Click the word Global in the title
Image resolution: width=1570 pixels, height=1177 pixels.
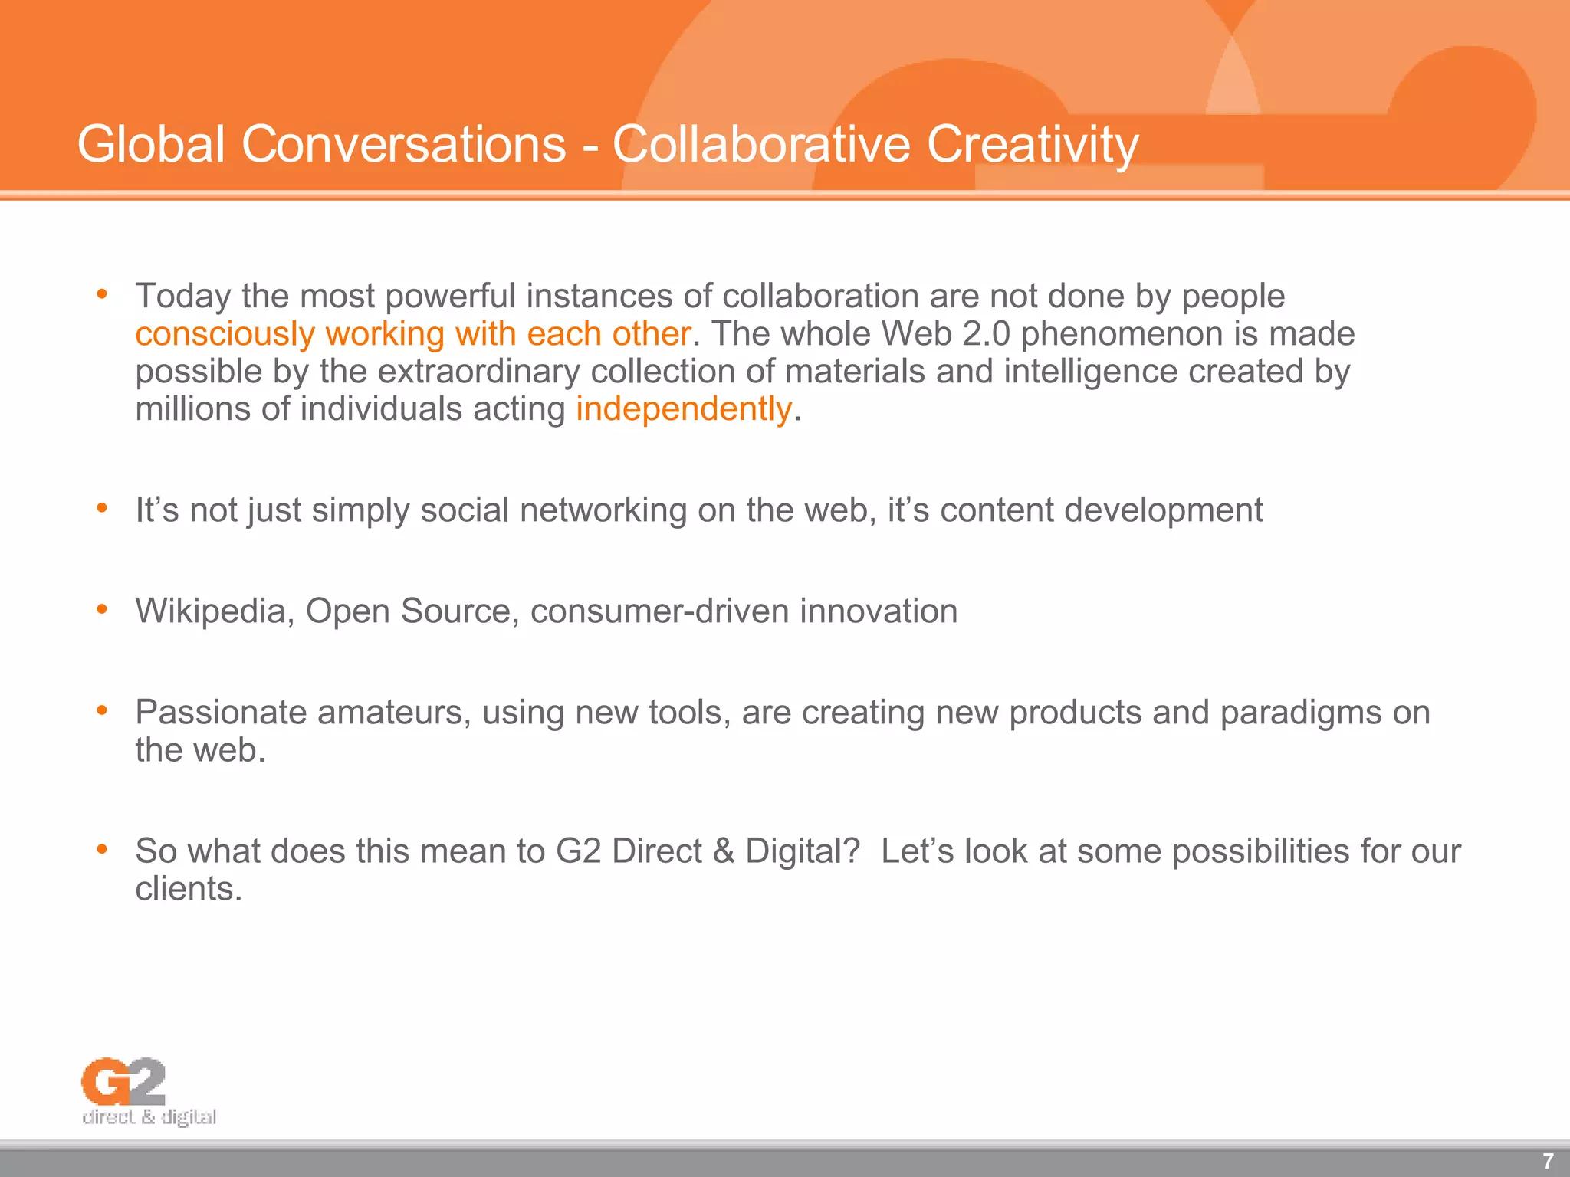point(151,144)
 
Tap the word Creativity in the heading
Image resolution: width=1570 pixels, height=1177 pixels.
point(1033,144)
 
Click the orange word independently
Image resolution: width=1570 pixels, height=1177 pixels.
point(683,408)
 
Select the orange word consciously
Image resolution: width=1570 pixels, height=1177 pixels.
point(225,334)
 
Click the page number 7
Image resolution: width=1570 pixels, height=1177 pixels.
point(1547,1161)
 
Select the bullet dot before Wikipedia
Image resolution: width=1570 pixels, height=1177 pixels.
point(102,610)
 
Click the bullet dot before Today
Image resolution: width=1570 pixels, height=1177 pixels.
point(102,294)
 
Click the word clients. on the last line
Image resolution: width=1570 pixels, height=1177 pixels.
point(189,889)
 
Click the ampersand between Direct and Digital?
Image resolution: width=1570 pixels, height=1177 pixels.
point(723,851)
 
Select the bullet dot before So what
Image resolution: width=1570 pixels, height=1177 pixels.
point(102,849)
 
